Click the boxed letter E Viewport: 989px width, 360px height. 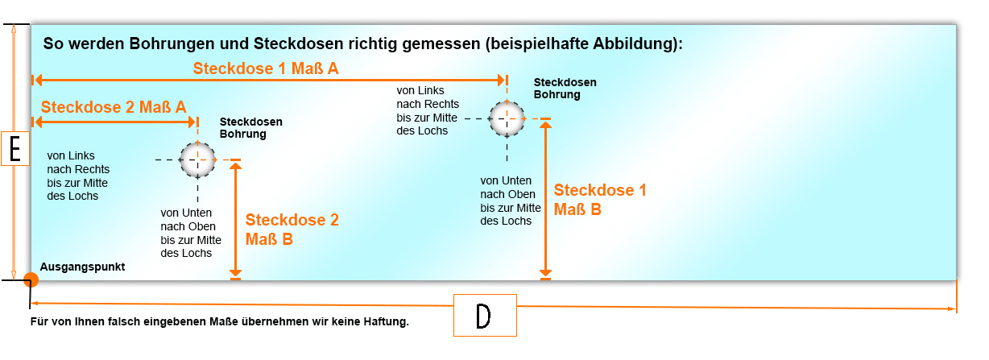point(15,149)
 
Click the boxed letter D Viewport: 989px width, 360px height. point(483,316)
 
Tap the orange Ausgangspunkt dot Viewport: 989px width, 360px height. point(31,280)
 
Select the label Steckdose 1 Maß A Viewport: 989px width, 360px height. point(266,69)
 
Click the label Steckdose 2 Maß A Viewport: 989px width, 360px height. point(114,107)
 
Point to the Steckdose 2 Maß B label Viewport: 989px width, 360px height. point(292,229)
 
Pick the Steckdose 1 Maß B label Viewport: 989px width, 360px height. point(599,200)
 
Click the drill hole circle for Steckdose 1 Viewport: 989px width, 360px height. point(507,118)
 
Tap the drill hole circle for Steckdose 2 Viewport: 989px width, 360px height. point(197,159)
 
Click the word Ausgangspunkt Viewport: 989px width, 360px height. point(82,267)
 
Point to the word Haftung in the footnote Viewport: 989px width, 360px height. point(388,322)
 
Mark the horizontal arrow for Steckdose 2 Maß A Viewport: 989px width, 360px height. point(114,122)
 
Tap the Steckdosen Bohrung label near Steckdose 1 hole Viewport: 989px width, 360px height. point(565,89)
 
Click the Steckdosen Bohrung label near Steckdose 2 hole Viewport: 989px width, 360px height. point(250,128)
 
